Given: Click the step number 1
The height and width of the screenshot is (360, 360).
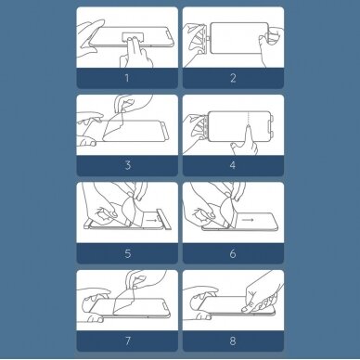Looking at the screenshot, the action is point(127,78).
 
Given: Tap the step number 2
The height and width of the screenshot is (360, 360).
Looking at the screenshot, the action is point(233,78).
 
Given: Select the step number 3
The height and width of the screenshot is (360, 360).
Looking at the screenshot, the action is point(128,165).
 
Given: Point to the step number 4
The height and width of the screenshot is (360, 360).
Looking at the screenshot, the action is point(233,165).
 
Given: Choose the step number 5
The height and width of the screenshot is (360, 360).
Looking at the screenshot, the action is point(128,253).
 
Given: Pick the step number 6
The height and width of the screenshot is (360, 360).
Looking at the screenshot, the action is point(233,253).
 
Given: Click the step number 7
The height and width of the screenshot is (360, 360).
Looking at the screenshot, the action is point(128,341).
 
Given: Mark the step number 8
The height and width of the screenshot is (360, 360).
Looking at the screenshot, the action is point(233,341).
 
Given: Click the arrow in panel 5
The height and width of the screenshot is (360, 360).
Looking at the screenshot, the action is point(151,221).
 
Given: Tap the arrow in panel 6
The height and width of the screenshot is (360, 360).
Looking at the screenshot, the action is point(248,220).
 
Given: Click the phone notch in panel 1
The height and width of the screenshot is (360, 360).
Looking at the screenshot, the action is point(168,37).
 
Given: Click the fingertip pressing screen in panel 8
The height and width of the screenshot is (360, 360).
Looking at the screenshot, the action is point(244,309).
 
